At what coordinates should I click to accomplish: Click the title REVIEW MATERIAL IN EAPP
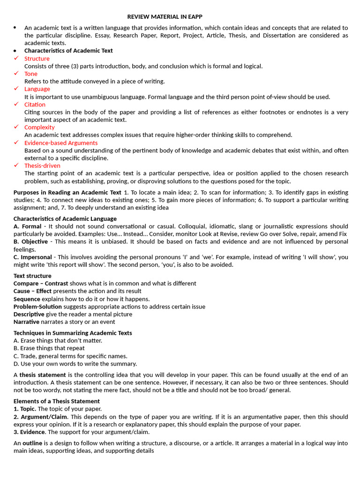[165, 16]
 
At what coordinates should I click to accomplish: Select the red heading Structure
[37, 59]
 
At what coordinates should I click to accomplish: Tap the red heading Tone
[31, 74]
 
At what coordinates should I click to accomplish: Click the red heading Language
[37, 89]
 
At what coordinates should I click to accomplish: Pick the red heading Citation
[35, 105]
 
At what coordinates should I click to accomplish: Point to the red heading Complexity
[39, 127]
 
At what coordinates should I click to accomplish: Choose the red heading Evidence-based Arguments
[61, 142]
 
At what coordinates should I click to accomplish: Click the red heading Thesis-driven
[42, 165]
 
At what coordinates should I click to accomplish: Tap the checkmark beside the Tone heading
[16, 74]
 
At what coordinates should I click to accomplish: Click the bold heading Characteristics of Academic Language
[65, 218]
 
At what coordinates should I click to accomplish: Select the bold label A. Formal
[27, 226]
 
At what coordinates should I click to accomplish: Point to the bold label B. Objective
[30, 241]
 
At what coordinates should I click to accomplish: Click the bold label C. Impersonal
[32, 257]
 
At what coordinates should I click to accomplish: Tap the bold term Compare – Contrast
[40, 284]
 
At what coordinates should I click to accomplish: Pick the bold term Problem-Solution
[37, 307]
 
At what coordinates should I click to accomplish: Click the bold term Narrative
[26, 322]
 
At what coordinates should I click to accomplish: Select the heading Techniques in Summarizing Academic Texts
[73, 333]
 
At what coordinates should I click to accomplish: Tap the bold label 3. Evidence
[29, 432]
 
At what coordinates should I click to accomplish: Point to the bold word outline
[32, 443]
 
